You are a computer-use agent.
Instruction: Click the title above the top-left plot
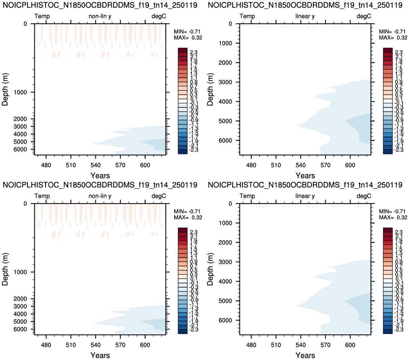click(x=100, y=5)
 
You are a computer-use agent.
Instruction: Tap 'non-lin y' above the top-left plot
click(x=100, y=16)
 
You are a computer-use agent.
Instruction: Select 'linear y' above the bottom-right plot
click(x=305, y=196)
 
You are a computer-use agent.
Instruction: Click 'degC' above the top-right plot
click(x=364, y=16)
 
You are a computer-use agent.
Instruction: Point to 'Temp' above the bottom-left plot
click(x=42, y=196)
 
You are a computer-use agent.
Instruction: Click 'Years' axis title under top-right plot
click(x=305, y=176)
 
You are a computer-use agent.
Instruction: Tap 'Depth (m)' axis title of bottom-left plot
click(x=5, y=269)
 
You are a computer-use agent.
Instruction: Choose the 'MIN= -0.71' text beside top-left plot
click(x=187, y=31)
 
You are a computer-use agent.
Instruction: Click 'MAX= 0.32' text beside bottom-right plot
click(x=393, y=218)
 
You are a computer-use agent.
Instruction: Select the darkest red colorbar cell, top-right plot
click(x=388, y=50)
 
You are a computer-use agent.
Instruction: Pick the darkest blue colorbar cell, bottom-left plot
click(x=182, y=331)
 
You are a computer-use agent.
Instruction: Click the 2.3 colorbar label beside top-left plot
click(x=194, y=52)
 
